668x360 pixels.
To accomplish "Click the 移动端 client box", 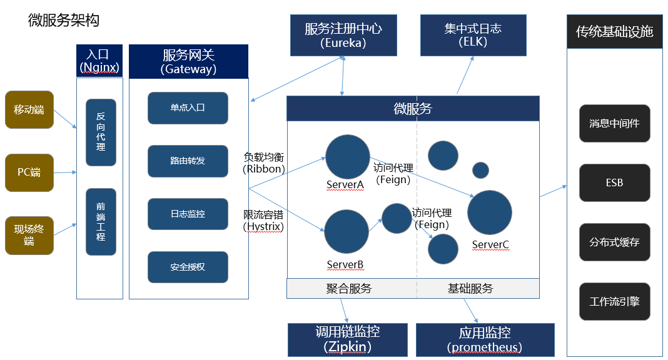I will click(x=29, y=110).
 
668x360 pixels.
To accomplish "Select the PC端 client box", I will click(x=29, y=172).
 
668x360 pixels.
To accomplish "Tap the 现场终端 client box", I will click(x=29, y=236).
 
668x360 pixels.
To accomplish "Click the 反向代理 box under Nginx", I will click(x=101, y=132).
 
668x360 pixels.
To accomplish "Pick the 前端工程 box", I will click(x=101, y=222).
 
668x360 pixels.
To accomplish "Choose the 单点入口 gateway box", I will click(x=188, y=108).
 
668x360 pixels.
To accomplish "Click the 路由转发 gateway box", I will click(x=188, y=161).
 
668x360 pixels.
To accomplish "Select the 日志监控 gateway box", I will click(x=188, y=214).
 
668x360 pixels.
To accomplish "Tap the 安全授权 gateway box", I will click(x=188, y=267).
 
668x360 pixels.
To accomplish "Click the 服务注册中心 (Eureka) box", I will click(x=343, y=36).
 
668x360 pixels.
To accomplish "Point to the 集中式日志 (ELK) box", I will click(x=473, y=36).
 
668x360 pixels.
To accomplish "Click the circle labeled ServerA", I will click(x=348, y=157).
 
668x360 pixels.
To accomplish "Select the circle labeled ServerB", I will click(x=347, y=232).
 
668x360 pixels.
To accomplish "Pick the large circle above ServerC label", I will click(x=490, y=213).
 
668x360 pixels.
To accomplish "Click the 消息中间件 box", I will click(x=614, y=124).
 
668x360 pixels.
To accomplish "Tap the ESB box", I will click(x=614, y=183).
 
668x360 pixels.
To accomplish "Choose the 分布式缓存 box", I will click(x=614, y=242).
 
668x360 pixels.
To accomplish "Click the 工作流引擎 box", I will click(x=614, y=302).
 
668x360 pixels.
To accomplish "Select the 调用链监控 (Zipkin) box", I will click(x=347, y=339).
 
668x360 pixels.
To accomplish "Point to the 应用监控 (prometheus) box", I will click(x=485, y=339).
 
